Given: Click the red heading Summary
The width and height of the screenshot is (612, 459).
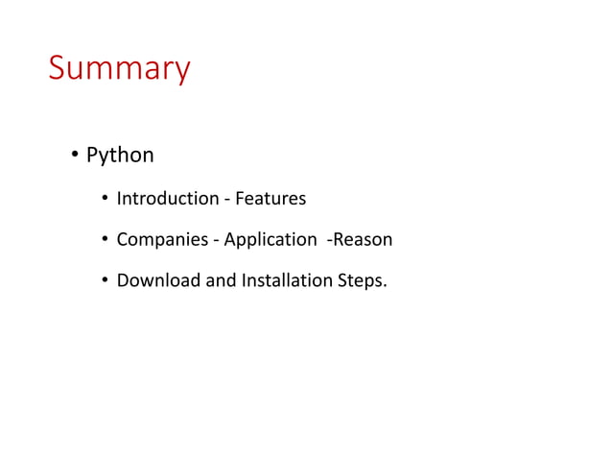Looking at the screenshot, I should (119, 70).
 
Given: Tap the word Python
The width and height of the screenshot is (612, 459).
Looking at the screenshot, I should (120, 155).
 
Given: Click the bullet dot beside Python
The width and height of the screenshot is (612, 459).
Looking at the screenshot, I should (73, 155).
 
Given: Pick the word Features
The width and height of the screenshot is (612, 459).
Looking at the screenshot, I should (271, 199).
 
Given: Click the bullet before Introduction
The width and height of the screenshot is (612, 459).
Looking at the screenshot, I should (105, 200).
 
